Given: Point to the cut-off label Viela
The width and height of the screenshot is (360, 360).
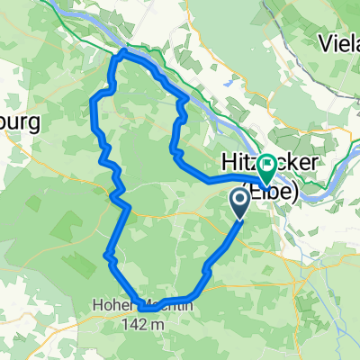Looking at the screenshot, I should coord(339,41).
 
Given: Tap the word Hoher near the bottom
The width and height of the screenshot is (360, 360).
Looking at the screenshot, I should coord(111,305).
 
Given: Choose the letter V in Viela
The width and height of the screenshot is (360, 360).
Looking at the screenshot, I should coord(325,41).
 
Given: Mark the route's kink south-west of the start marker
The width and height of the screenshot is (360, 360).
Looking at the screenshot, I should coord(208,266).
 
